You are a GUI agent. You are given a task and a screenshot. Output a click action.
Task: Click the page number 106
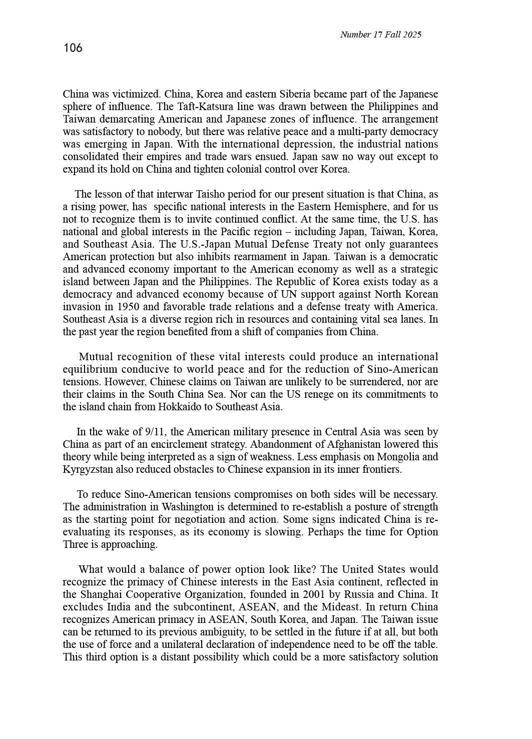point(73,48)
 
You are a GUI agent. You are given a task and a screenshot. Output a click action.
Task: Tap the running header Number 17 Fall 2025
point(380,35)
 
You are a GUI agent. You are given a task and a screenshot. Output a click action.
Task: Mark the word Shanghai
point(102,594)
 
